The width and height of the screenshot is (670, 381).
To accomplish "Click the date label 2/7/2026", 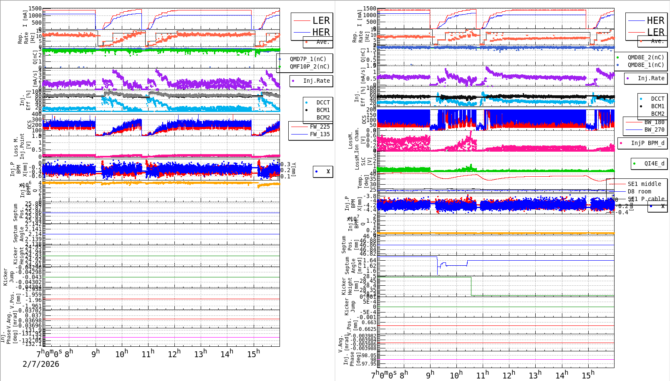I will pyautogui.click(x=41, y=364).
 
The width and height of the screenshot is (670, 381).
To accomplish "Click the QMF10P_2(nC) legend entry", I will pyautogui.click(x=310, y=66).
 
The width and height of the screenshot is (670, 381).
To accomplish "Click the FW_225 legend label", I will pyautogui.click(x=320, y=127).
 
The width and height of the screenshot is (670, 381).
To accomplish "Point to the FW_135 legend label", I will pyautogui.click(x=320, y=134).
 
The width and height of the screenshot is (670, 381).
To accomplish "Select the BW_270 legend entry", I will pyautogui.click(x=654, y=130).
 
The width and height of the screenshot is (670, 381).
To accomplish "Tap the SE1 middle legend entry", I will pyautogui.click(x=644, y=184).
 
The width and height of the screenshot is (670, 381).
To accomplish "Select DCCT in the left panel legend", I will pyautogui.click(x=323, y=102).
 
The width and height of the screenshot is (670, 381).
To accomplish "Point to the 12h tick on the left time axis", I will pyautogui.click(x=174, y=354).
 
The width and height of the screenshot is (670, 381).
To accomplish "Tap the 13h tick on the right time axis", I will pyautogui.click(x=535, y=375).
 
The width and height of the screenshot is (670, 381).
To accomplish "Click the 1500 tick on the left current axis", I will pyautogui.click(x=35, y=9).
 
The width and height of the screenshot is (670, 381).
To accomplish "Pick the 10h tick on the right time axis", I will pyautogui.click(x=456, y=375).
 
